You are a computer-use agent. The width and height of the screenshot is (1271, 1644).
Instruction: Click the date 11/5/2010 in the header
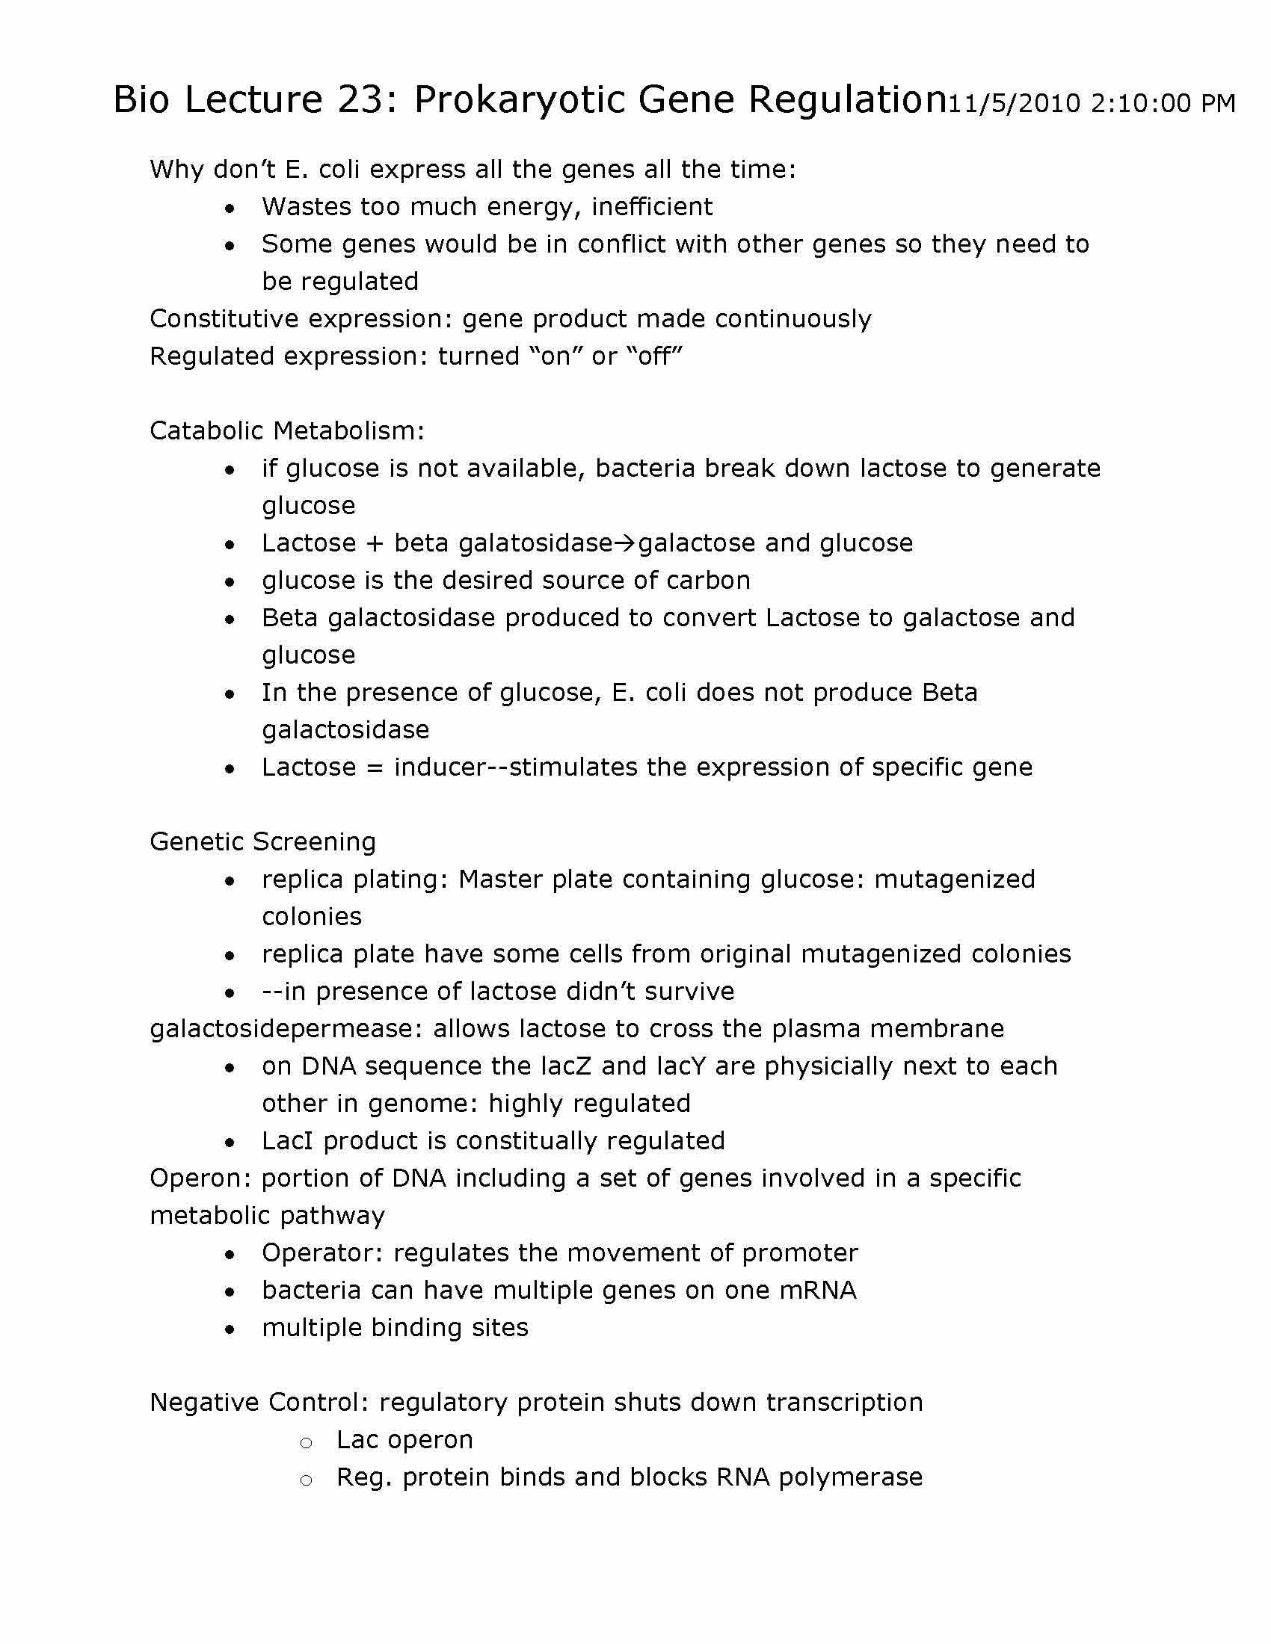1015,103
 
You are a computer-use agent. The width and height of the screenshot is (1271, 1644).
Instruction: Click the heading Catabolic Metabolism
287,430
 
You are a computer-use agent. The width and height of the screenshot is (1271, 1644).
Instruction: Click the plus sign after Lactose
375,543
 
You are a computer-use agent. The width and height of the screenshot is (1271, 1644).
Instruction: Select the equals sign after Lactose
375,767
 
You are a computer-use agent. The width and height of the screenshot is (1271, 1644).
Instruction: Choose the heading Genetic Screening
262,841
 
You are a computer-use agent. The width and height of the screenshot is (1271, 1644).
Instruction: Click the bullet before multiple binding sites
230,1329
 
